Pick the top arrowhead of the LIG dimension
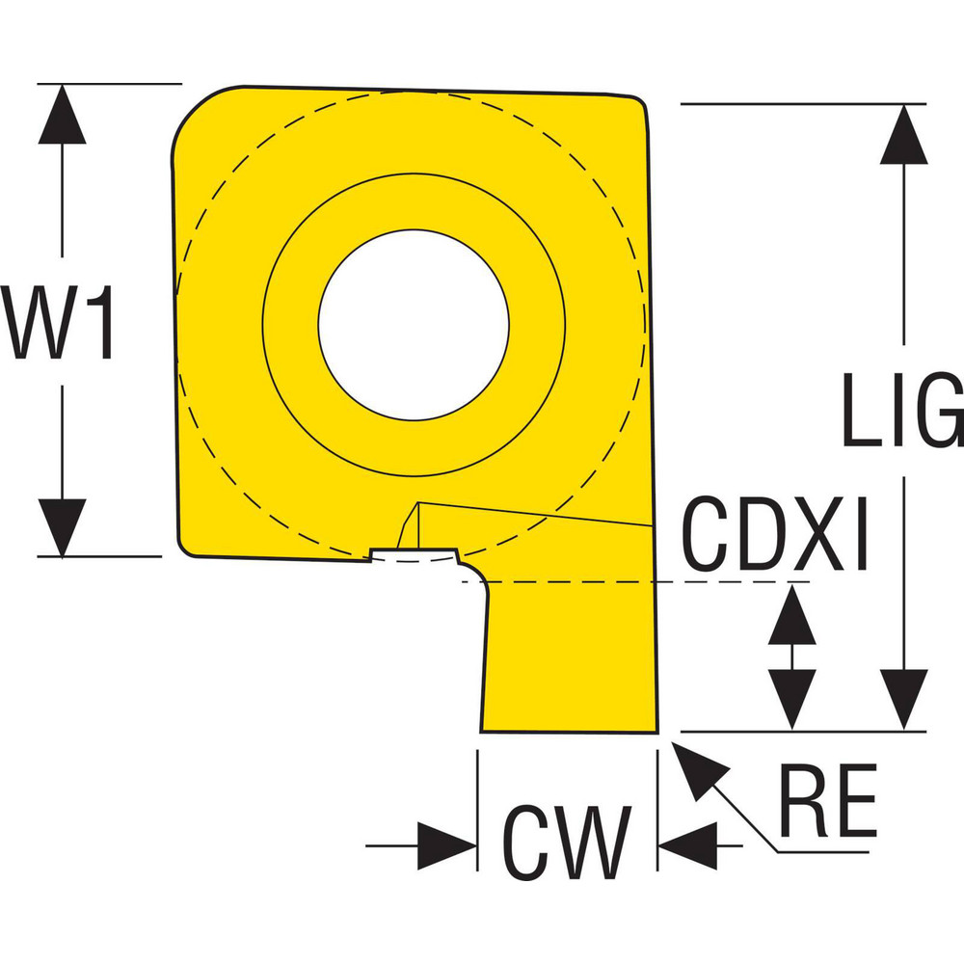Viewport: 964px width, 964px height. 903,133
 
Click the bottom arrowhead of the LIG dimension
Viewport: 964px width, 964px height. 903,699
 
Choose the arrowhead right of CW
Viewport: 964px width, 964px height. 688,846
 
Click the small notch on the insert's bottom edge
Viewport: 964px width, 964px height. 414,556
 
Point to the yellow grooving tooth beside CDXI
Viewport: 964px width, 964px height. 569,656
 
